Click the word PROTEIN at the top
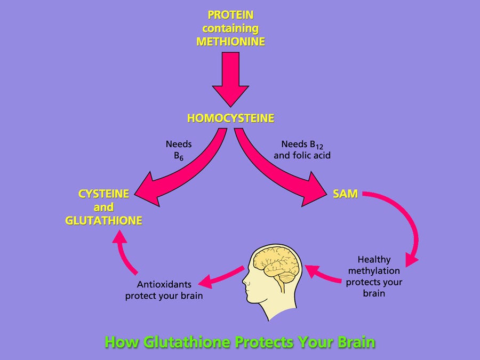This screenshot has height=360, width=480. pos(230,15)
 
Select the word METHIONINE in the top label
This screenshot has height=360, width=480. pos(230,42)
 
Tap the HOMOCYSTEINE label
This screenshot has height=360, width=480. pos(230,118)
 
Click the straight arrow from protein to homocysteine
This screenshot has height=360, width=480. pos(230,80)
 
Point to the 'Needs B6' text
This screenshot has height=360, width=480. pos(179,149)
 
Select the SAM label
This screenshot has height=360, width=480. pos(345,194)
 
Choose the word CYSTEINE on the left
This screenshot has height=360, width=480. pos(103,194)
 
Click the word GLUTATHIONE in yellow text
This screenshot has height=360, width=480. pos(103,220)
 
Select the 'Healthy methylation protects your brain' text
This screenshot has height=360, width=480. pos(374,276)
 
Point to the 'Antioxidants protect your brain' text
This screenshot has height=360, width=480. pos(164,290)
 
